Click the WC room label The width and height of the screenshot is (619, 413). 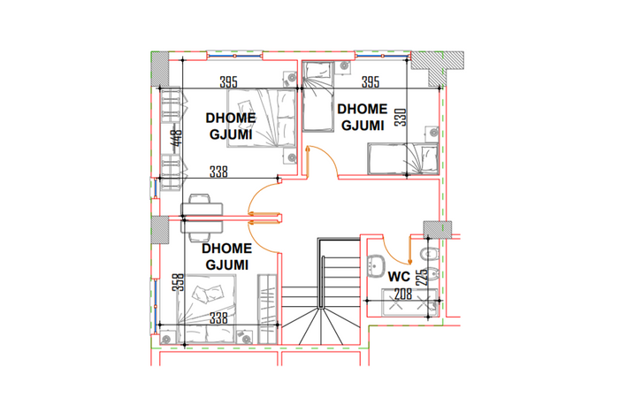pyautogui.click(x=399, y=277)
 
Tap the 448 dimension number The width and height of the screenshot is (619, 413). pyautogui.click(x=178, y=138)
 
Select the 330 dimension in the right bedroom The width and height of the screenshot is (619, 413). pyautogui.click(x=401, y=118)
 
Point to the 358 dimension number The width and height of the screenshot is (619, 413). pyautogui.click(x=180, y=283)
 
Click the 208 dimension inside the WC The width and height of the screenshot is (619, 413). pyautogui.click(x=403, y=294)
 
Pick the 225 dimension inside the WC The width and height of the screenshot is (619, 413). pyautogui.click(x=423, y=277)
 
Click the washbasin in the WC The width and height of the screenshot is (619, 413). pyautogui.click(x=376, y=265)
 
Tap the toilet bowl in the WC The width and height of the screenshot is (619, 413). pyautogui.click(x=429, y=254)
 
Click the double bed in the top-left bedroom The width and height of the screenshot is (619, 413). pyautogui.click(x=262, y=118)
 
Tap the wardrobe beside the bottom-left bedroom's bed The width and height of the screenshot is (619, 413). pyautogui.click(x=267, y=309)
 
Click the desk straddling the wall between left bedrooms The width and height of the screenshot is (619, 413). pyautogui.click(x=202, y=218)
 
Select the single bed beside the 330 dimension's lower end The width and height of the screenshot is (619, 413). pyautogui.click(x=403, y=158)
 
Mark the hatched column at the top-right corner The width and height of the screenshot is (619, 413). pyautogui.click(x=437, y=67)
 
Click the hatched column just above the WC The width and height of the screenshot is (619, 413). pyautogui.click(x=438, y=229)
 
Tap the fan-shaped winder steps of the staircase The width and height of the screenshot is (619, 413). pyautogui.click(x=320, y=326)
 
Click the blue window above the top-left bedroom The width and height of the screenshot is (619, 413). pyautogui.click(x=234, y=56)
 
